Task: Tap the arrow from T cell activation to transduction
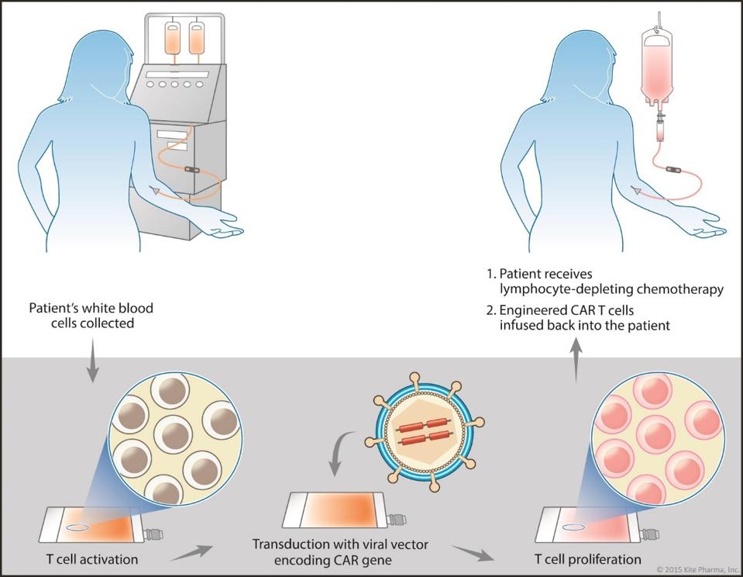(193, 553)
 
